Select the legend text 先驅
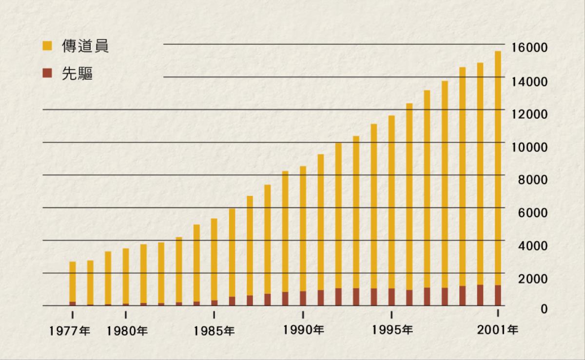[77, 74]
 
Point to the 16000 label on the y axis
[529, 48]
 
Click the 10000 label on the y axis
[529, 147]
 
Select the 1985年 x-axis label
[214, 331]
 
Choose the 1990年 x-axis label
[303, 330]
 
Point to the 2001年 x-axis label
[498, 330]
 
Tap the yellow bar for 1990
[303, 229]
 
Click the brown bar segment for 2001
[498, 295]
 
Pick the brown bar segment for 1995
[391, 297]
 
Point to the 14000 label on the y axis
[529, 81]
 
